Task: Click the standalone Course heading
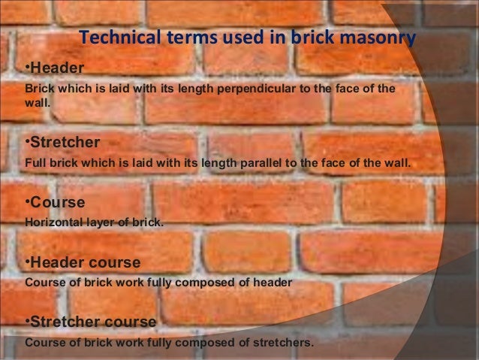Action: (x=56, y=203)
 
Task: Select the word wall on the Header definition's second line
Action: (x=38, y=104)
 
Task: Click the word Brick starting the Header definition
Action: (x=39, y=89)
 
